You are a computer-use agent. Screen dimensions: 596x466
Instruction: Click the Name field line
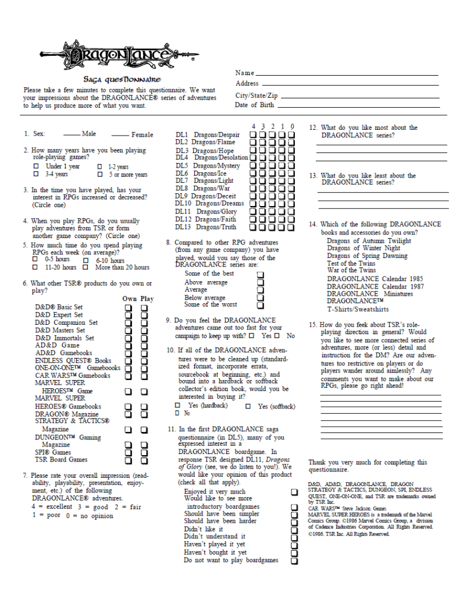click(346, 75)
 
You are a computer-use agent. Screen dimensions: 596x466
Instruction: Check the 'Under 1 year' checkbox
click(36, 166)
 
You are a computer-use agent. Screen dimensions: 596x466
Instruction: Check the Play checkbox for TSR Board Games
click(144, 460)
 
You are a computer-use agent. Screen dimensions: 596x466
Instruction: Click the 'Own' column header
click(129, 299)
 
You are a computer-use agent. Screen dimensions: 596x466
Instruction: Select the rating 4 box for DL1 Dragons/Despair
click(254, 135)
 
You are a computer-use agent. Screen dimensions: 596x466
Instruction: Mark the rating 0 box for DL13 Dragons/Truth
click(291, 227)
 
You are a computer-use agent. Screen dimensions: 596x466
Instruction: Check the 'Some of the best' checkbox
click(260, 274)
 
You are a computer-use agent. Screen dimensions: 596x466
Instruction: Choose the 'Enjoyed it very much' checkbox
click(294, 492)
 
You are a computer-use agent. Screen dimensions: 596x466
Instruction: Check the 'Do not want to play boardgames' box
click(294, 561)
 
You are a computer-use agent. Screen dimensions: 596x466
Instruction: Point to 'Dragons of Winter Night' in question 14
click(364, 249)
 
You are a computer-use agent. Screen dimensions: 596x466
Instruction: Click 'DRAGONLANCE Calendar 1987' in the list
click(369, 286)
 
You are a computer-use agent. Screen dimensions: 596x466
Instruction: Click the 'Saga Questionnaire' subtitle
click(122, 80)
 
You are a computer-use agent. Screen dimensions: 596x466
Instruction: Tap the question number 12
click(313, 127)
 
